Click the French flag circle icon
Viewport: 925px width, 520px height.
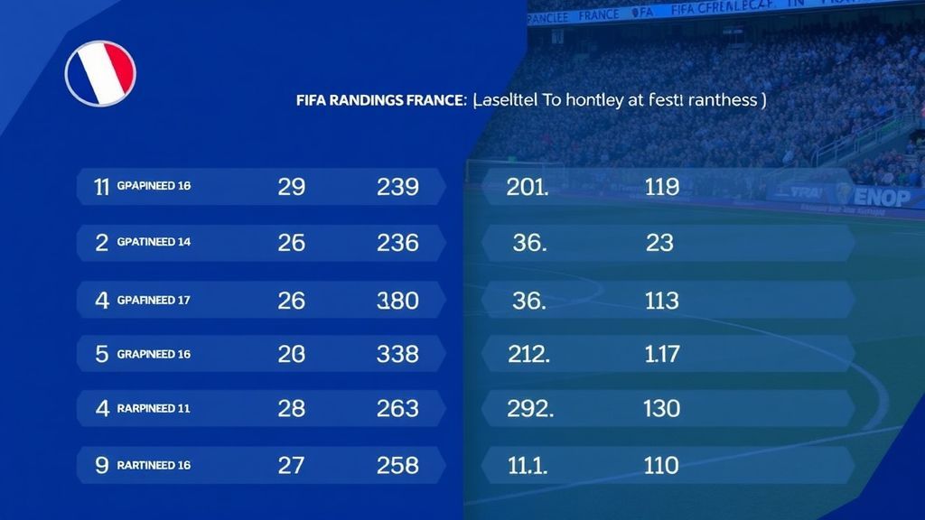point(100,73)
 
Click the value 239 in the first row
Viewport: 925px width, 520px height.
point(397,187)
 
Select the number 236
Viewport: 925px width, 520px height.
point(397,242)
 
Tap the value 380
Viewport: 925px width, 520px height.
point(397,300)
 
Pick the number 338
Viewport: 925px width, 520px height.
point(397,354)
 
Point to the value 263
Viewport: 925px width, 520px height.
point(397,408)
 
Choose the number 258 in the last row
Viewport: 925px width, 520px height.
point(397,465)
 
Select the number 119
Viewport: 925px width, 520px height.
point(662,187)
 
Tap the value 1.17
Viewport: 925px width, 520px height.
point(662,354)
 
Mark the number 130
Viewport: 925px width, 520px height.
point(662,408)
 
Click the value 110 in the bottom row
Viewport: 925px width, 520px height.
point(662,465)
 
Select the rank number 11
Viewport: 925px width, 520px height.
point(102,187)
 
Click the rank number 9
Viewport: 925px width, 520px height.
point(102,465)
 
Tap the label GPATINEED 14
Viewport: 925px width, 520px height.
point(154,242)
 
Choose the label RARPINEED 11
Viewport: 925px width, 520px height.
point(154,408)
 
